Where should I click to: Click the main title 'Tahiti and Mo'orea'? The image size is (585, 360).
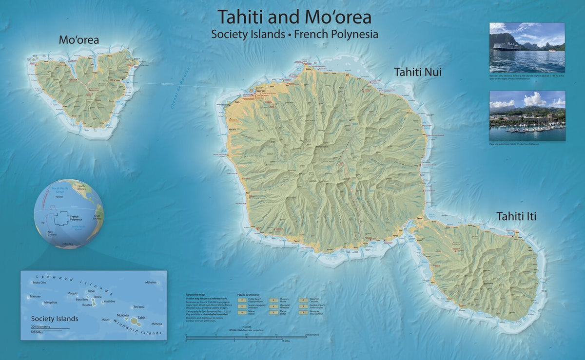pos(294,17)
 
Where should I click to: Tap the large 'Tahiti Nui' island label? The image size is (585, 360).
pos(418,72)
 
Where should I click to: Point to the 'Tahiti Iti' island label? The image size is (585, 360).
pos(516,216)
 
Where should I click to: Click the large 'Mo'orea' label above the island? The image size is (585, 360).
pos(78,39)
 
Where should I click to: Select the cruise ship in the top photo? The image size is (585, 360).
pos(506,47)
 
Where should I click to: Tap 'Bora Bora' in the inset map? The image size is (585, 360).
pos(82,300)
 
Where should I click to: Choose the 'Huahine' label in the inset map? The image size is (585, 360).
pos(109,301)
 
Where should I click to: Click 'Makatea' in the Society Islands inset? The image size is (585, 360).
pos(151,282)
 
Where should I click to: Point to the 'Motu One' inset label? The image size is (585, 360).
pos(39,283)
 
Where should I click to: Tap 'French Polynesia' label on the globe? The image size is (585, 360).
pos(76,218)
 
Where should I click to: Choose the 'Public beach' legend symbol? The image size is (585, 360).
pos(241,300)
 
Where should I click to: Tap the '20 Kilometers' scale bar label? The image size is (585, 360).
pos(312,335)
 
